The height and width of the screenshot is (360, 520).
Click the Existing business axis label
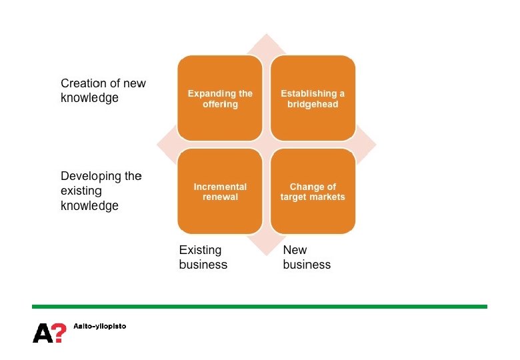(x=203, y=257)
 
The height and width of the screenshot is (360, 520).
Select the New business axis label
(x=306, y=257)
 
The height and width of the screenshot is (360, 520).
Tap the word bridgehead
(x=313, y=105)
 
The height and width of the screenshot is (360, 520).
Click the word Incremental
(x=220, y=187)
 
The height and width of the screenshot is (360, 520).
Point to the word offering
(x=220, y=105)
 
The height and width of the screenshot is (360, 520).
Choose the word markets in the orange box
(x=329, y=197)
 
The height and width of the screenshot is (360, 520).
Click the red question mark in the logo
(x=59, y=332)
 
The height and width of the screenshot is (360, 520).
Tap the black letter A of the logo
(x=41, y=332)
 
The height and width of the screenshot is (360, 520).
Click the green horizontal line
(x=259, y=307)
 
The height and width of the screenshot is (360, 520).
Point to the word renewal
(x=220, y=197)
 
